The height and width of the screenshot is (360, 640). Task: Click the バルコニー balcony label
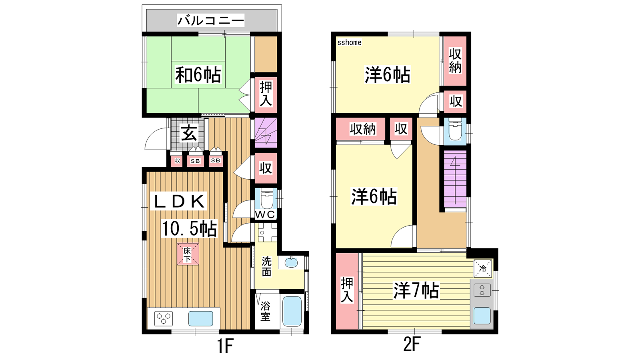(210, 20)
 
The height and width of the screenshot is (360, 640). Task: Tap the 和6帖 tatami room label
(198, 75)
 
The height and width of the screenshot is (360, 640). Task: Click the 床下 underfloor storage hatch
(188, 254)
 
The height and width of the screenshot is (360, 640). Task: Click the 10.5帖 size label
(189, 228)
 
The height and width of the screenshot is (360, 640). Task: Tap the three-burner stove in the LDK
(164, 318)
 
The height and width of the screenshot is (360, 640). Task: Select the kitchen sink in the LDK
(200, 318)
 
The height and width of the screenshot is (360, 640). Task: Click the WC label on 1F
(264, 214)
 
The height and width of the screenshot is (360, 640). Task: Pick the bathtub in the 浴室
(292, 312)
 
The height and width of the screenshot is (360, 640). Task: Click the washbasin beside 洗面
(291, 262)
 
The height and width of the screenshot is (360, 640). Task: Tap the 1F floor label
(226, 346)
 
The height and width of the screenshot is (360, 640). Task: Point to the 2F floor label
(412, 344)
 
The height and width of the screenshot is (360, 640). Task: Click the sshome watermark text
(349, 42)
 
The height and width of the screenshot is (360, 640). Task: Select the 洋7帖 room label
(416, 290)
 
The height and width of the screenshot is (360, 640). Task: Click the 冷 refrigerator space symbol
(482, 268)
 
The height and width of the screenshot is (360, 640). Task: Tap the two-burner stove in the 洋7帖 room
(482, 290)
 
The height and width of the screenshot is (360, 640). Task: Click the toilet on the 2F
(455, 130)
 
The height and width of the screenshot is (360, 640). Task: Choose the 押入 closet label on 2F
(347, 290)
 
